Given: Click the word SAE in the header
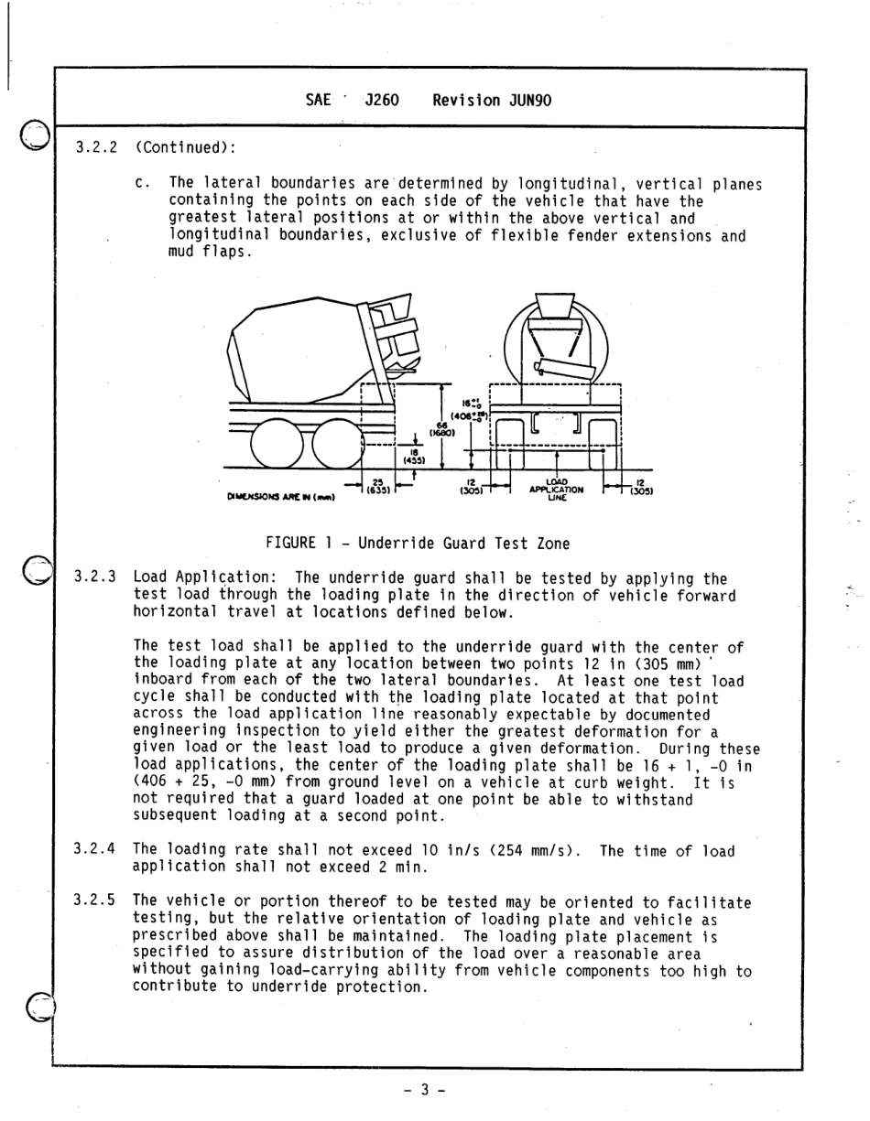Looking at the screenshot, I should (x=318, y=101).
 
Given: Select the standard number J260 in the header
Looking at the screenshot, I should (x=381, y=101).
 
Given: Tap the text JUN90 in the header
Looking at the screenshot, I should (x=530, y=101).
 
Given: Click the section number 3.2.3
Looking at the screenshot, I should (x=93, y=578).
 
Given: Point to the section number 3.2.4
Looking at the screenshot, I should (x=93, y=851).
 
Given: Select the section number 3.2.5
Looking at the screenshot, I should (x=93, y=902).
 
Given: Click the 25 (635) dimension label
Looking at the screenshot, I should (x=375, y=486).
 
